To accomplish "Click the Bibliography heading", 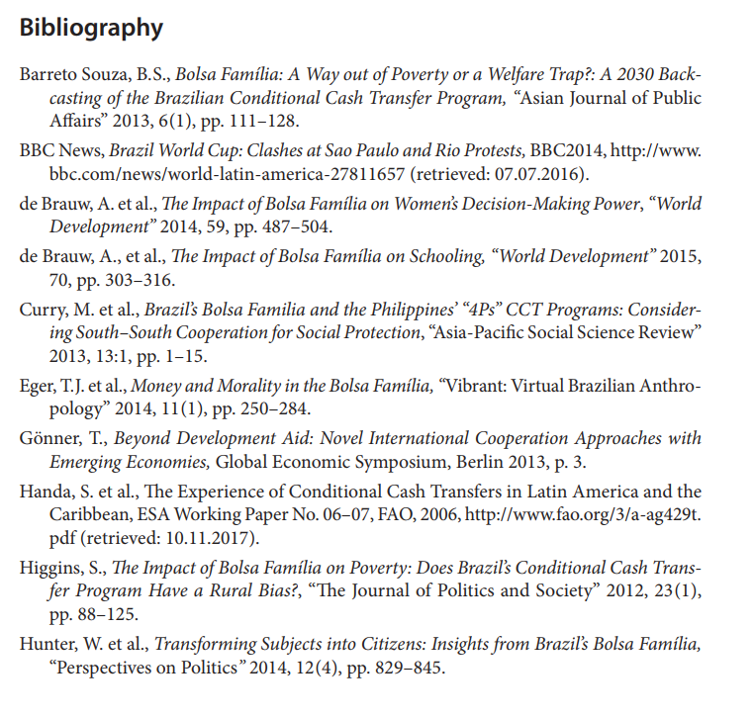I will click(x=91, y=28).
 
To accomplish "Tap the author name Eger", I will click(x=38, y=387).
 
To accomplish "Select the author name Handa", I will click(x=45, y=493).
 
